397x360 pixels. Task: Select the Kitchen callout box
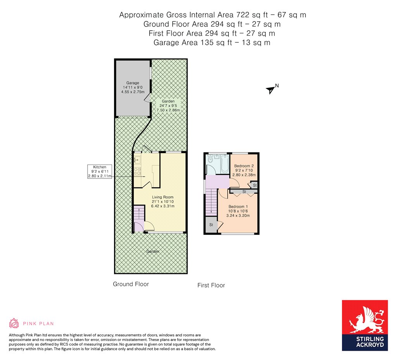point(100,171)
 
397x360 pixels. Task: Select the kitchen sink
point(137,159)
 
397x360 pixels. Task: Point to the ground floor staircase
point(139,213)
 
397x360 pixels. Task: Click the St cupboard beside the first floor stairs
point(211,225)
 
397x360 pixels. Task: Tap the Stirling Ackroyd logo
point(365,325)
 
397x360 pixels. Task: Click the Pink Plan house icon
point(14,323)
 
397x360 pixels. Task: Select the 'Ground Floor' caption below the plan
point(131,284)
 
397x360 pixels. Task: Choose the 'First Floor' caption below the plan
point(211,286)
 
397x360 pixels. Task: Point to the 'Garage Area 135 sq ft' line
point(212,43)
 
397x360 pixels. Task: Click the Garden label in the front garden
point(153,251)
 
